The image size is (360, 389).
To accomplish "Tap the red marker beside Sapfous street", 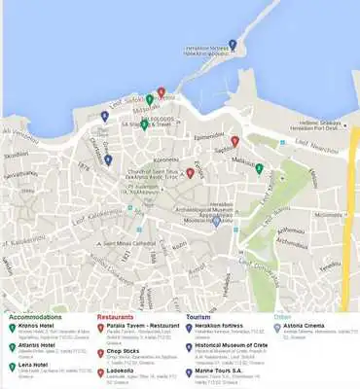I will pos(234,141).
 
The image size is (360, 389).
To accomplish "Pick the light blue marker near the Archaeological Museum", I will pos(215,220).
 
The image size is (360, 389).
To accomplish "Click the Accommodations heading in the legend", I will pos(35,316).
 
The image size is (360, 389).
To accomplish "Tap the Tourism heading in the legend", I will pos(198,316).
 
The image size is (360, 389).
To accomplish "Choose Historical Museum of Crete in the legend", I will pos(230,345).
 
